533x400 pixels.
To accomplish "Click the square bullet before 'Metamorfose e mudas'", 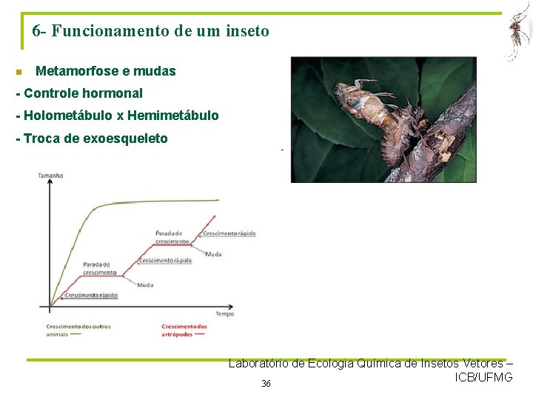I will (19, 73).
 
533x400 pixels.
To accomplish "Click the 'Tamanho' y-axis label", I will (50, 176).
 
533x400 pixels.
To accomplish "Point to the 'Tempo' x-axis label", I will (224, 313).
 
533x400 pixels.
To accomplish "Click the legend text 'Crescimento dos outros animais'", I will (78, 330).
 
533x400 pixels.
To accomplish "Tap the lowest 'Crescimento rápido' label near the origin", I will (91, 296).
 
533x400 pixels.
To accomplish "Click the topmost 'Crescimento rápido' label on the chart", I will (229, 233).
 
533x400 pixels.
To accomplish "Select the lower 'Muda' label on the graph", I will (145, 284).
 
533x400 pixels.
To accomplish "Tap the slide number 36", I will (266, 383).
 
